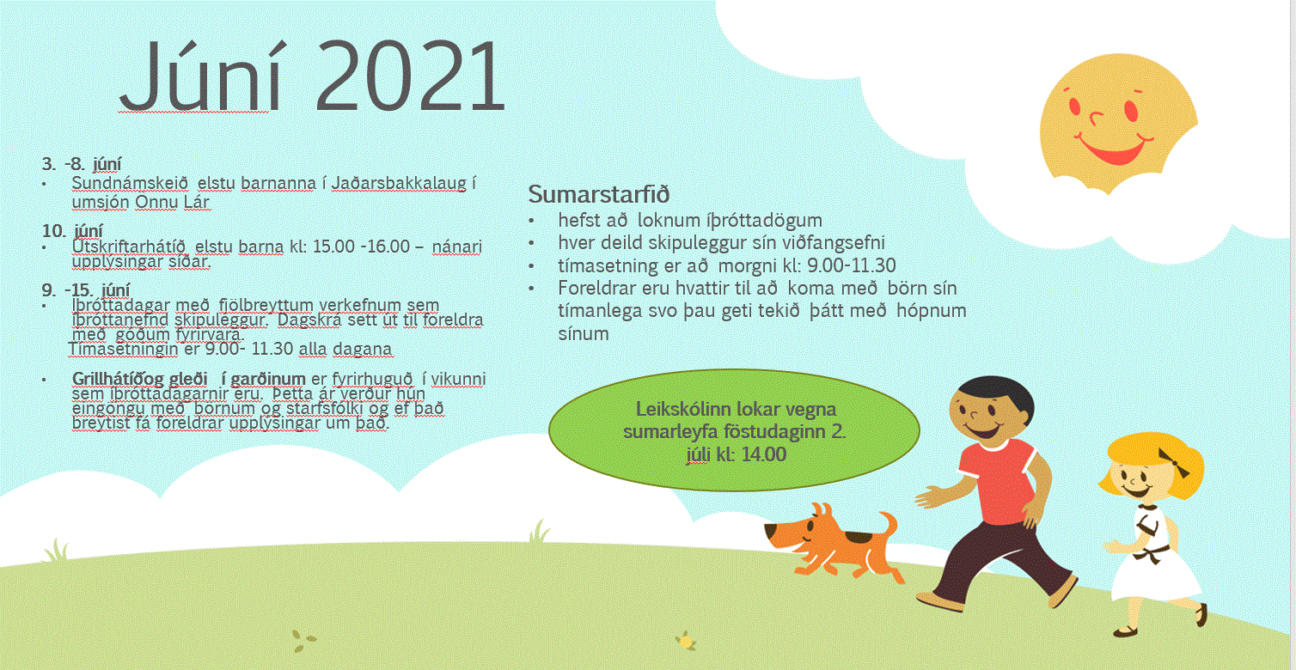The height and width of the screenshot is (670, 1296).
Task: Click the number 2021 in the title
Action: [410, 76]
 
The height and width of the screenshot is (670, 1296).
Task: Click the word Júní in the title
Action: [200, 76]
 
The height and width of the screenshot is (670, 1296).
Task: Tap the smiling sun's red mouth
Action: [1112, 150]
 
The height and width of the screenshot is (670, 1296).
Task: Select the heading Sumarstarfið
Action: [599, 194]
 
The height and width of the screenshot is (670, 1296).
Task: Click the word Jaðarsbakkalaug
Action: [400, 184]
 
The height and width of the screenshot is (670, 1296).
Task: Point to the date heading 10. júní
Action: [72, 231]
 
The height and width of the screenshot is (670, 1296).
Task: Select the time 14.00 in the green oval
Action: [764, 454]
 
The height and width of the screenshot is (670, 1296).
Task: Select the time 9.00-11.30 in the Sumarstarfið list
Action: [851, 265]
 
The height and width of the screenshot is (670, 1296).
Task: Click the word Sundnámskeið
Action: [130, 184]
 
